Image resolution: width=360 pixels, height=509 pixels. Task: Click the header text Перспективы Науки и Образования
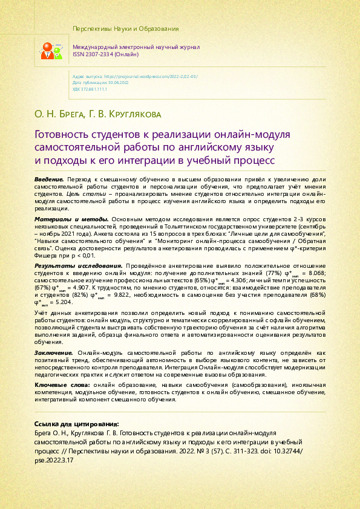[125, 28]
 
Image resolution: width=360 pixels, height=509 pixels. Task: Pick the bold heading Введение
[49, 180]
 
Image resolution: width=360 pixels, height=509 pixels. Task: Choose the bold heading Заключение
[53, 352]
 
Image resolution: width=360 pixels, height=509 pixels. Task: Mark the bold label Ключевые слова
[62, 385]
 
